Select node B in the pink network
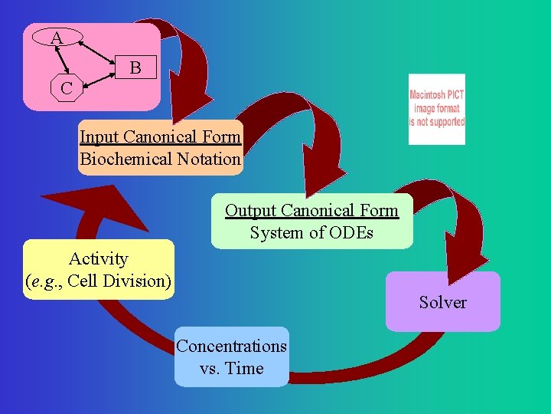pos(135,67)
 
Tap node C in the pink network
pos(67,88)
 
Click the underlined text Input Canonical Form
pos(160,137)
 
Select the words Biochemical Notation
pos(160,159)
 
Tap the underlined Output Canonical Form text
pos(311,210)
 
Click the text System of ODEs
pos(311,232)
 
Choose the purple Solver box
pos(442,301)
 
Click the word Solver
pos(442,302)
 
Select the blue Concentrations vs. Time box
pos(231,356)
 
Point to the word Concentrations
pos(231,346)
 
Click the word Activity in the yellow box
pos(98,258)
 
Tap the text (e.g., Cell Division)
pos(98,280)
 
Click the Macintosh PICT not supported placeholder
pos(436,109)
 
